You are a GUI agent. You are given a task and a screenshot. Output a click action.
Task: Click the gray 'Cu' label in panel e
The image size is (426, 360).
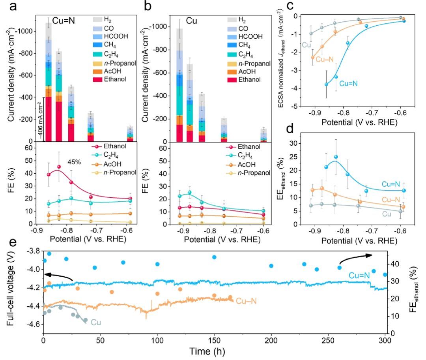coord(96,322)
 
